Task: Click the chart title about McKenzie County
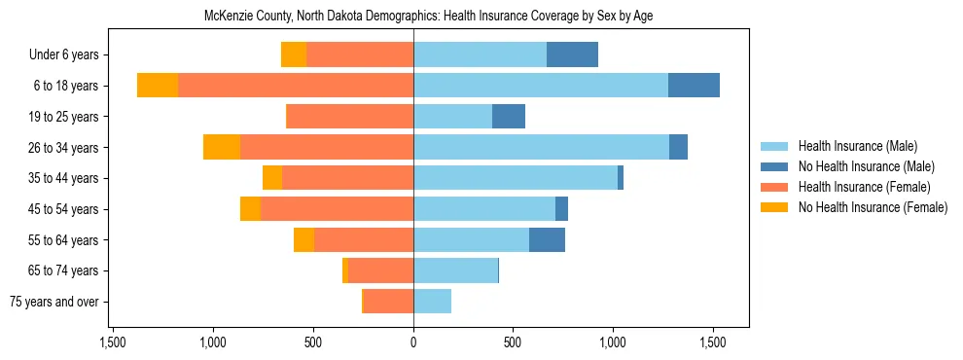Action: tap(435, 17)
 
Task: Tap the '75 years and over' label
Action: tap(54, 302)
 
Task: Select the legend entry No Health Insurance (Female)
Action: tap(873, 207)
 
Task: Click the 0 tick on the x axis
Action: tap(413, 343)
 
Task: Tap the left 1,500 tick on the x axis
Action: tap(113, 343)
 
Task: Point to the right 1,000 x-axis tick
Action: tap(614, 343)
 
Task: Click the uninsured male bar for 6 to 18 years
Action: tap(694, 86)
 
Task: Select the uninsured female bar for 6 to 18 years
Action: tap(158, 86)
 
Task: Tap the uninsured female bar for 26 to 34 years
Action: tap(222, 147)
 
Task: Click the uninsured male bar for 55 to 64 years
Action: tap(547, 239)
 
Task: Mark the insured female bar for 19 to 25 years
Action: tap(350, 117)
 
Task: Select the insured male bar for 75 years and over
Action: tap(432, 302)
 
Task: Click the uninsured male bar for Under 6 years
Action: tap(572, 55)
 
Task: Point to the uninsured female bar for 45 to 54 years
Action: tap(250, 209)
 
